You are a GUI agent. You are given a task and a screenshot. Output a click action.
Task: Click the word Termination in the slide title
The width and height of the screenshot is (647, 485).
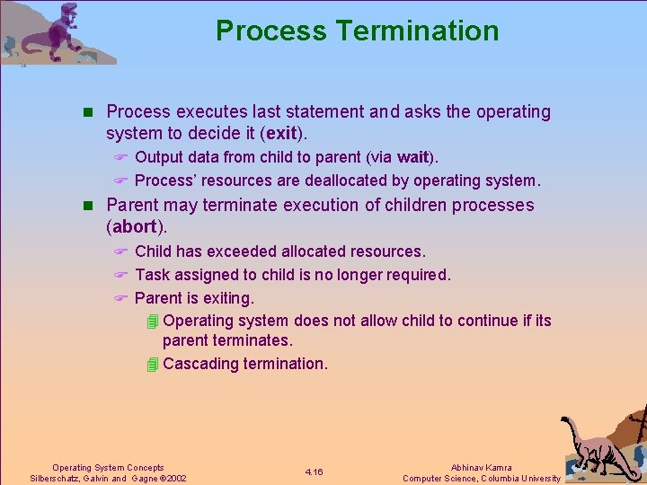click(x=417, y=31)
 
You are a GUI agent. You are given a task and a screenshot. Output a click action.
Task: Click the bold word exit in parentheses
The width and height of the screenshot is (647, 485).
click(x=281, y=134)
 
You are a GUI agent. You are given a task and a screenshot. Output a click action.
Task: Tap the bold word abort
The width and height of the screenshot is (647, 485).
click(x=134, y=227)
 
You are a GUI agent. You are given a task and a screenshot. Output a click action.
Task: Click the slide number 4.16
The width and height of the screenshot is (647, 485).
click(x=314, y=472)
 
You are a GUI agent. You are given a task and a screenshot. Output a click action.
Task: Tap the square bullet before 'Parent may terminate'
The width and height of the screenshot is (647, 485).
click(x=87, y=206)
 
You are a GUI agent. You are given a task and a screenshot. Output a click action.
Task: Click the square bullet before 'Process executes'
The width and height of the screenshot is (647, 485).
click(x=87, y=112)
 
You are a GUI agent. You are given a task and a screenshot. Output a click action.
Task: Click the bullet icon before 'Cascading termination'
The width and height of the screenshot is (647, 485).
click(x=152, y=364)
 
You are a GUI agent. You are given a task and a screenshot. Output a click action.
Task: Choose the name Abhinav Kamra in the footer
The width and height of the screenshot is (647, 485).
click(x=482, y=467)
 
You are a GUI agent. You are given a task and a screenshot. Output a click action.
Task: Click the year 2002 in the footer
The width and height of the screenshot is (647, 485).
click(x=176, y=479)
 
